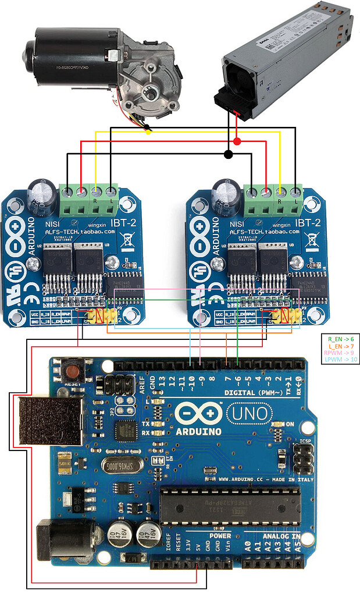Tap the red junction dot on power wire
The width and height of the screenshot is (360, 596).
237,142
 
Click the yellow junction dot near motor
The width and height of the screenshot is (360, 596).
148,132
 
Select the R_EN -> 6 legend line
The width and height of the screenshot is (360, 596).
340,338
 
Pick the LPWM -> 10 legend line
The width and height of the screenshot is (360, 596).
340,360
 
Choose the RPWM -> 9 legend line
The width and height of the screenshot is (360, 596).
340,353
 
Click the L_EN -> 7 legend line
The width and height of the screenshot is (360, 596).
340,346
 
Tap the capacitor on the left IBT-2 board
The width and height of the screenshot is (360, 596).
43,195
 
